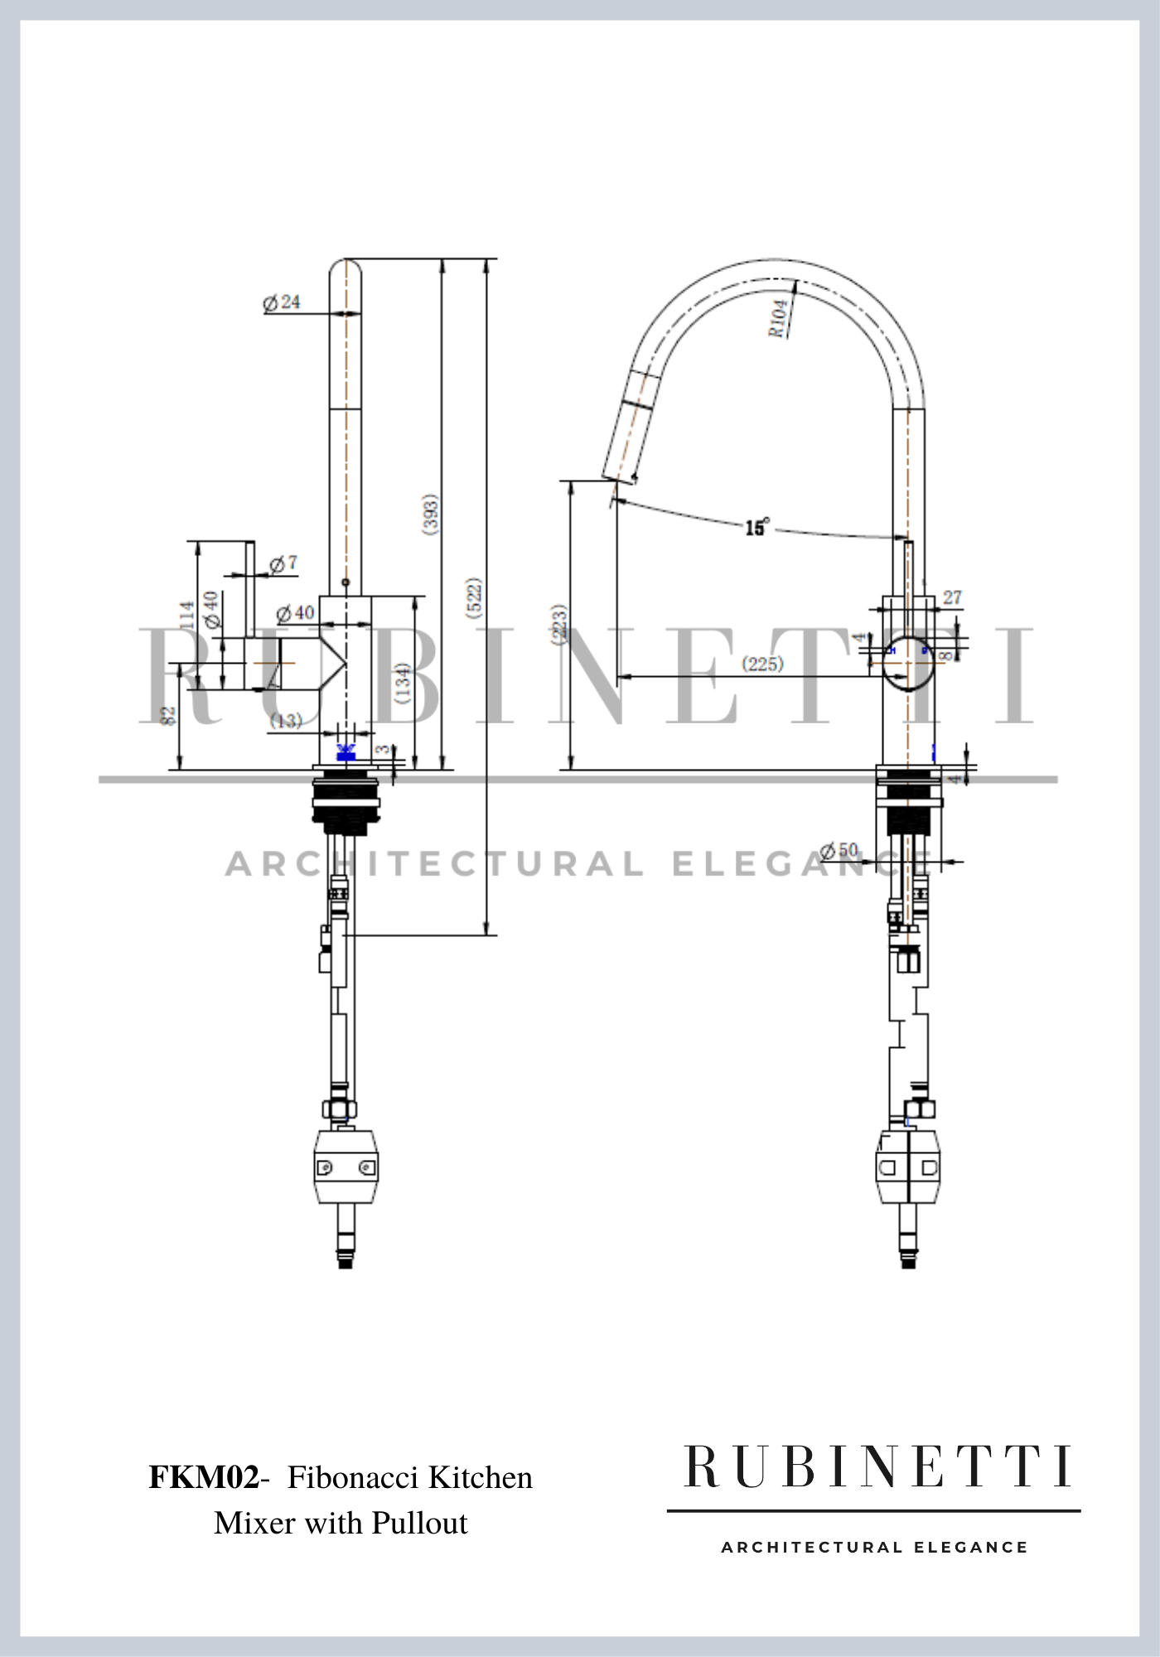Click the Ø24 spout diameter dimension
282,302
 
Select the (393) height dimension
430,514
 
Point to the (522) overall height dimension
474,597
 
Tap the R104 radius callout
778,318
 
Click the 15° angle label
756,527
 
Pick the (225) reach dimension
762,664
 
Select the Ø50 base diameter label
839,850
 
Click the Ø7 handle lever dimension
283,564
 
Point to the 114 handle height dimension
187,616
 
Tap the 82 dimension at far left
168,716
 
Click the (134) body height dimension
403,683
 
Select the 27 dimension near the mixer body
952,597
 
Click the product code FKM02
204,1477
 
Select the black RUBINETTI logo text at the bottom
877,1467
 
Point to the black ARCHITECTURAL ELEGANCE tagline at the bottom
874,1547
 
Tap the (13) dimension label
286,721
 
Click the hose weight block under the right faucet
908,1167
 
